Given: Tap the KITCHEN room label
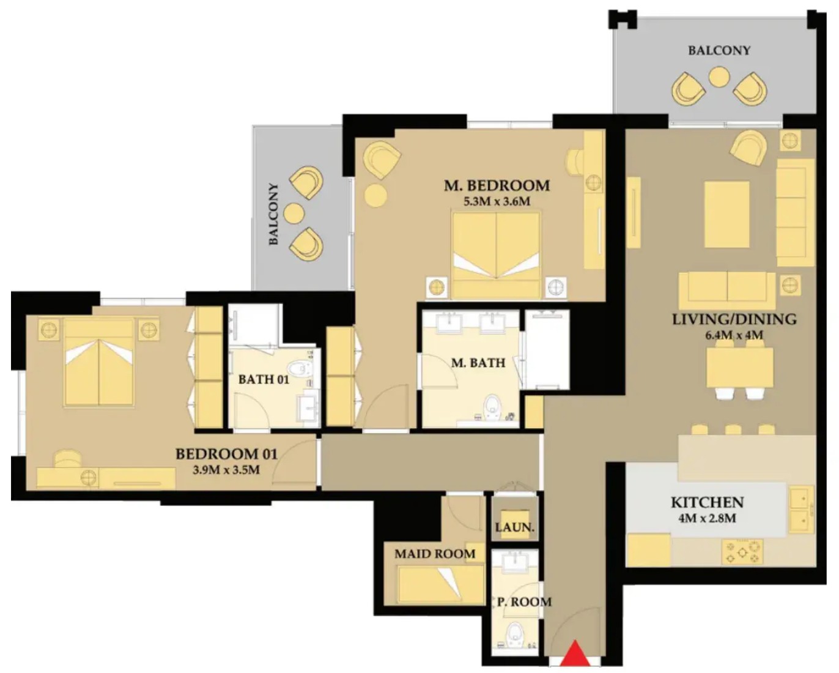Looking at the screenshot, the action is tap(708, 502).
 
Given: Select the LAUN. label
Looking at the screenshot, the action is tap(515, 527).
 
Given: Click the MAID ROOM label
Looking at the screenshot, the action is tap(435, 554).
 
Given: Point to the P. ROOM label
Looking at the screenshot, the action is tap(525, 601).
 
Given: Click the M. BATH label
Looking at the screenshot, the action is tap(478, 363).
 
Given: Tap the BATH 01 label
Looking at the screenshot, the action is tap(264, 379).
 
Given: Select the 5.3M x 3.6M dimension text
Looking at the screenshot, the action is tap(497, 201).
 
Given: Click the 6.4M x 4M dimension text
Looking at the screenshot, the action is tap(734, 335).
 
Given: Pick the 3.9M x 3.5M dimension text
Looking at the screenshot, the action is tap(226, 469).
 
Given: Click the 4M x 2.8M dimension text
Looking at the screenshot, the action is tap(707, 518).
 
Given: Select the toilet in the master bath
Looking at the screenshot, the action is tap(492, 408).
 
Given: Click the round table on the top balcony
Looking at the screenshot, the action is tap(719, 77).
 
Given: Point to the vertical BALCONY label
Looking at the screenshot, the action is tap(274, 214).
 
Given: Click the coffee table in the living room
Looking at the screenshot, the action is tap(726, 214).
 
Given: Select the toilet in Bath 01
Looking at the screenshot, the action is tap(300, 368).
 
